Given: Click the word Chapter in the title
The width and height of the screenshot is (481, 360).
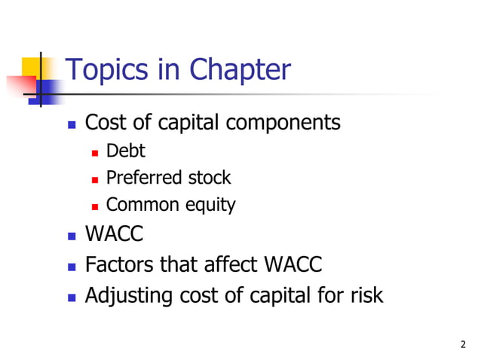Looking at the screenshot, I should pos(239,71).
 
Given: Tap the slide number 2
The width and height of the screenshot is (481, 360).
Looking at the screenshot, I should pos(463,345).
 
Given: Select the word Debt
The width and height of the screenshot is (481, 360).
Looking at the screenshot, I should pos(126,151).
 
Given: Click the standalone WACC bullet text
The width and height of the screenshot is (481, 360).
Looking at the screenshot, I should pos(114,235).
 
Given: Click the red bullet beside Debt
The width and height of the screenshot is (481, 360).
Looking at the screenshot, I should pos(95,152).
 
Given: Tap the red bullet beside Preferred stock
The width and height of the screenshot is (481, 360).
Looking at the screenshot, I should pos(95,179).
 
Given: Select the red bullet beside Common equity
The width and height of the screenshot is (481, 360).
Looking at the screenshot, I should pos(95,206).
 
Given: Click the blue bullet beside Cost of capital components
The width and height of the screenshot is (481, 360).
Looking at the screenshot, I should pos(72,124).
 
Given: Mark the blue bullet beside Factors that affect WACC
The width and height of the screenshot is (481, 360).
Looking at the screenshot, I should pos(72,267).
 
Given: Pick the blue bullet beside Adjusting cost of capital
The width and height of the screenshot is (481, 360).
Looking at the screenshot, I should pos(72,296).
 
